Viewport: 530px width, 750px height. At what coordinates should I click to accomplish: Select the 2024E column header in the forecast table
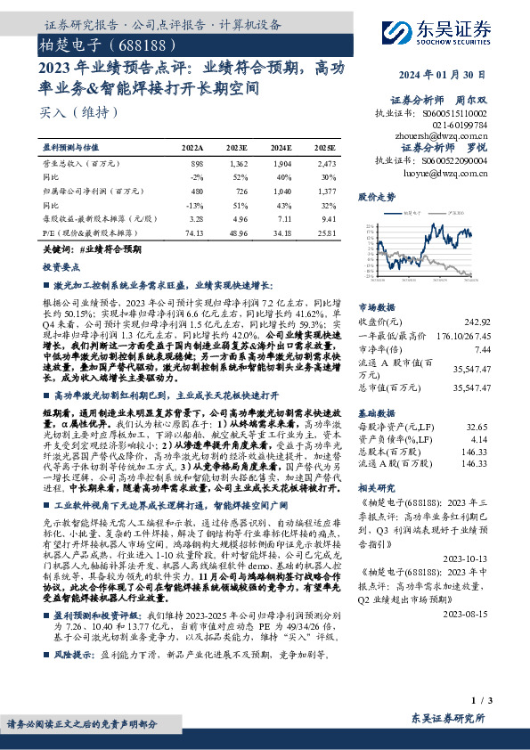point(281,148)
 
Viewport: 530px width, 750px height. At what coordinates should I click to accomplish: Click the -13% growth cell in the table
point(194,203)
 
